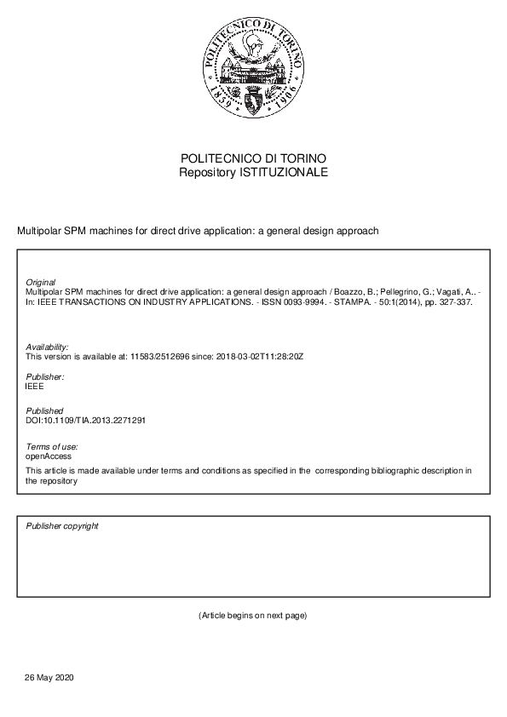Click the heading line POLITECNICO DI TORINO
point(253,159)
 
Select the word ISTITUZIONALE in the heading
point(285,172)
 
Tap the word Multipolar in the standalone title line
point(38,231)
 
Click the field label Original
point(41,282)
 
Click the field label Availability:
point(48,347)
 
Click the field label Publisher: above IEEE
point(45,376)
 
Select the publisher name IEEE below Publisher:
point(35,386)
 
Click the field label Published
point(44,410)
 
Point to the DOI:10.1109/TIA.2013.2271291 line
point(86,420)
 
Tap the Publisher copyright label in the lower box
point(62,526)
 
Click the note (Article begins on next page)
point(252,615)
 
